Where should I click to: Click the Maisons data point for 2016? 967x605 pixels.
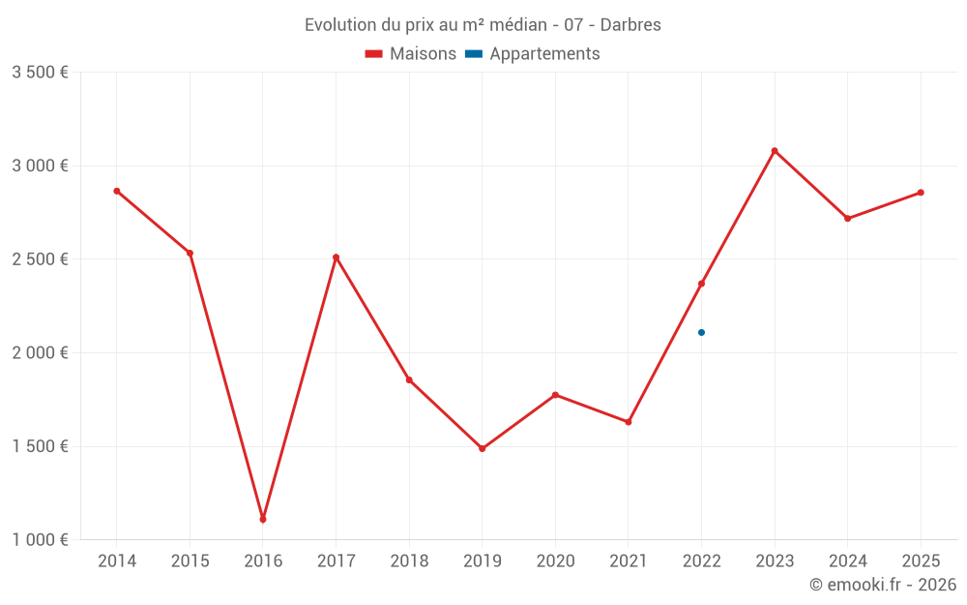(x=263, y=520)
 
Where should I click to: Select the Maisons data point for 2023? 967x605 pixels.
(x=775, y=151)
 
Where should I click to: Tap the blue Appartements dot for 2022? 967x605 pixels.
(x=701, y=332)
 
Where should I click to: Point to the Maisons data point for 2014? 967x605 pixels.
(x=117, y=191)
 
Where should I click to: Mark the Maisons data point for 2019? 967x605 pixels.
(x=482, y=448)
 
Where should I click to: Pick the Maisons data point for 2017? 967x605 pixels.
(x=336, y=257)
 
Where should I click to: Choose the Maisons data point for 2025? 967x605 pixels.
(x=921, y=193)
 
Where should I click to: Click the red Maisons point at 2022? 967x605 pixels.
(x=701, y=284)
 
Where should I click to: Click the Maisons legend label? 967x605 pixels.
(x=423, y=54)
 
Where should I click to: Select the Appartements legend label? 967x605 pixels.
(x=544, y=54)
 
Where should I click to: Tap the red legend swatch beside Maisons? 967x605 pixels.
(x=374, y=54)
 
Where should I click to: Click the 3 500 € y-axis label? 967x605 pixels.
(x=40, y=73)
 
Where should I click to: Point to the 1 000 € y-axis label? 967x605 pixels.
(x=40, y=540)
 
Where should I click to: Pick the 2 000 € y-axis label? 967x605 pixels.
(x=40, y=353)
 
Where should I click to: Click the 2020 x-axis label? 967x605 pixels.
(x=555, y=561)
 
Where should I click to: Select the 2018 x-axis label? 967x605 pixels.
(x=409, y=561)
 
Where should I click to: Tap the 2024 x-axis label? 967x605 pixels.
(x=847, y=561)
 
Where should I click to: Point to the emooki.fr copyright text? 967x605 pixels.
(x=883, y=585)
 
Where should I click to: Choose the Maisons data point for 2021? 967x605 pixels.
(x=628, y=422)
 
